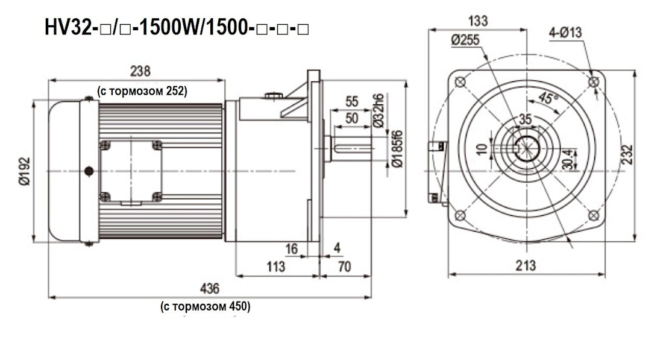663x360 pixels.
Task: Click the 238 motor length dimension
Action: pyautogui.click(x=140, y=71)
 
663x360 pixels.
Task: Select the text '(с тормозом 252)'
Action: pyautogui.click(x=142, y=91)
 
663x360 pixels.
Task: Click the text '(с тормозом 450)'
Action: pyautogui.click(x=205, y=306)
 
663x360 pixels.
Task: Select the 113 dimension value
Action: pyautogui.click(x=275, y=267)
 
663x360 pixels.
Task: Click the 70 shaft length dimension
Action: pyautogui.click(x=344, y=267)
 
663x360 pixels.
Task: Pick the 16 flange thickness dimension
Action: pyautogui.click(x=292, y=248)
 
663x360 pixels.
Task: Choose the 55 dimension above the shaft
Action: pyautogui.click(x=352, y=101)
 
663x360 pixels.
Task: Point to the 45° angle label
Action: pyautogui.click(x=548, y=99)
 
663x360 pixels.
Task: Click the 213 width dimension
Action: pyautogui.click(x=526, y=265)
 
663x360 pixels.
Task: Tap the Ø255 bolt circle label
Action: pyautogui.click(x=465, y=40)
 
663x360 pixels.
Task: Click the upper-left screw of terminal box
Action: pyautogui.click(x=105, y=145)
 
